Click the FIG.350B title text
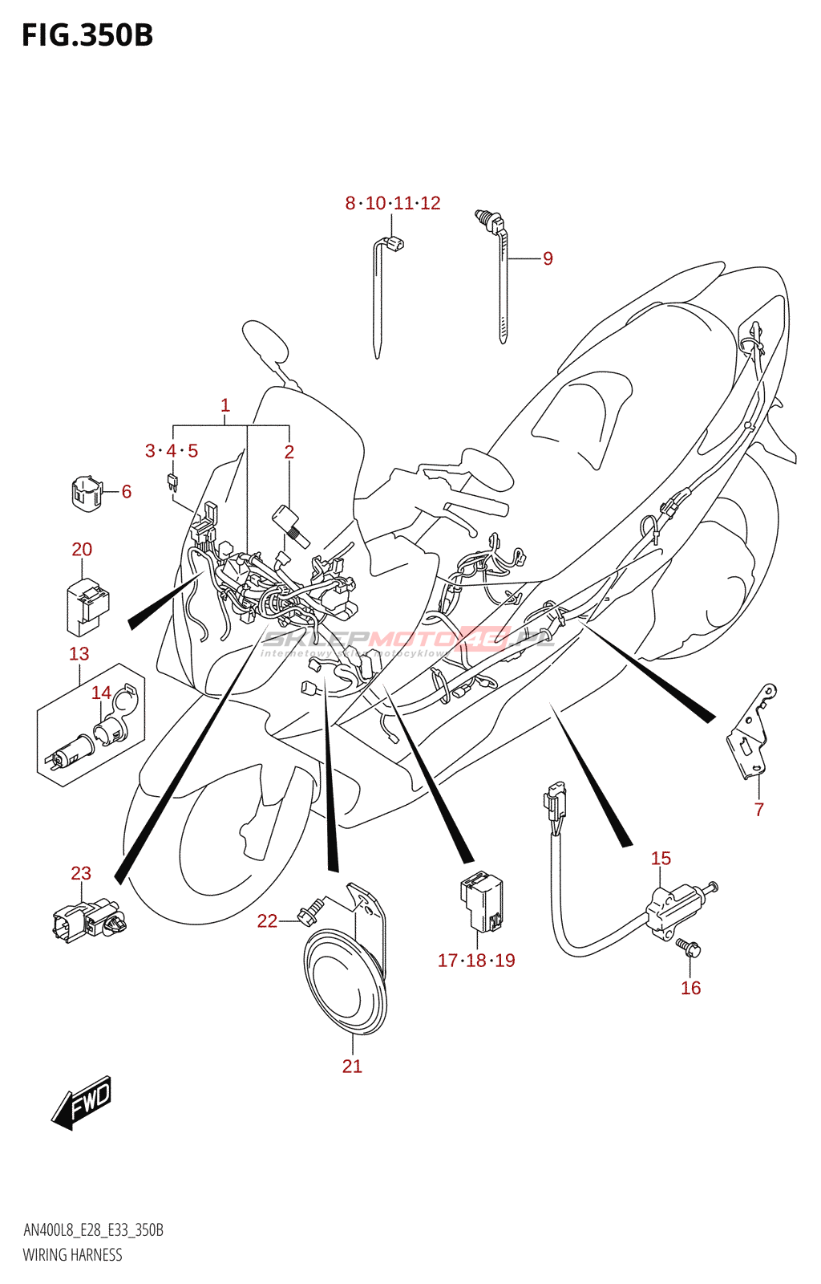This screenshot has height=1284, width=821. (87, 35)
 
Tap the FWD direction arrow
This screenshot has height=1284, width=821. (82, 1103)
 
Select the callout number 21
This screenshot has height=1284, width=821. (352, 1066)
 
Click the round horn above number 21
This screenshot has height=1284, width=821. (345, 981)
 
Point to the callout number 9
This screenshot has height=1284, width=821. (548, 258)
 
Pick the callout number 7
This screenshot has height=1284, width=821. (758, 809)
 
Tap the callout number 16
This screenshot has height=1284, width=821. (690, 988)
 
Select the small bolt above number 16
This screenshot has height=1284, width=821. (689, 949)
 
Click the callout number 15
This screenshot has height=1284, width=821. (661, 858)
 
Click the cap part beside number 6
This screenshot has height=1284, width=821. (86, 494)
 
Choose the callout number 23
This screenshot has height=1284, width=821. (81, 873)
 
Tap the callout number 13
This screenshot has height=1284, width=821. (79, 654)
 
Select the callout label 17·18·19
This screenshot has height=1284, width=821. (476, 960)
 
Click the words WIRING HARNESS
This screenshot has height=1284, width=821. (73, 1254)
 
